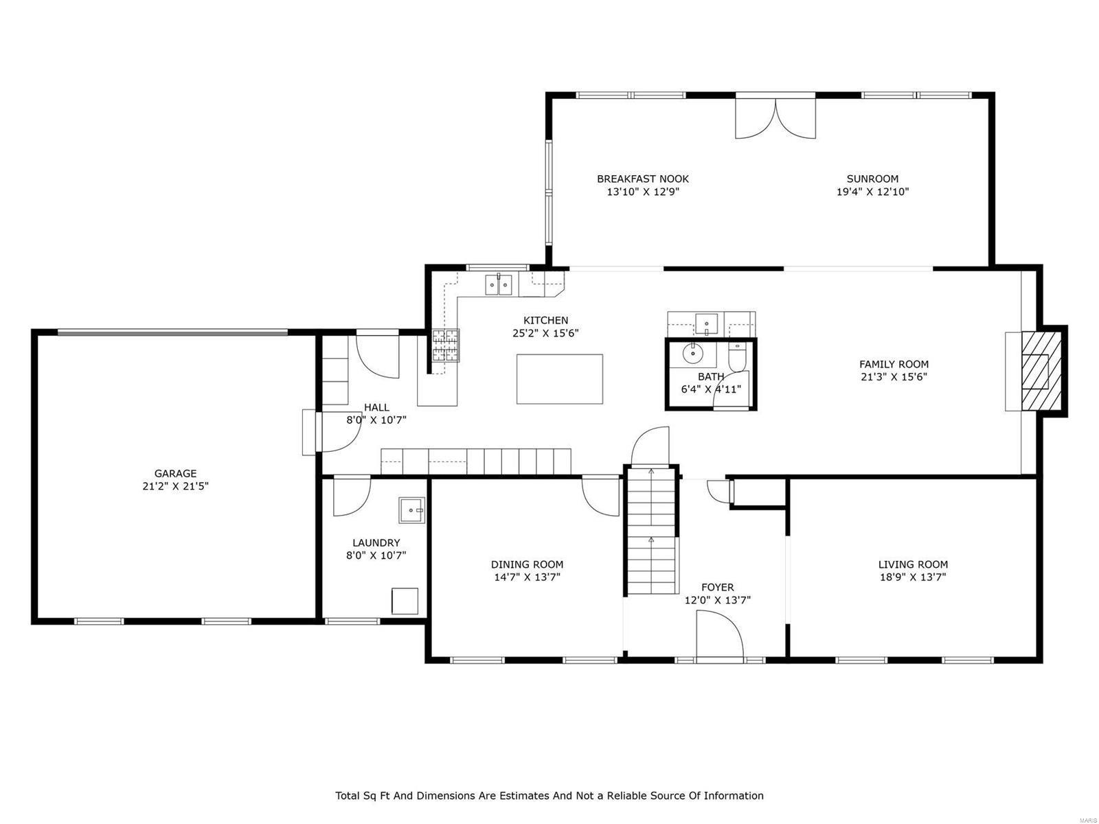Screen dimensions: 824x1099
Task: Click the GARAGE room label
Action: [175, 473]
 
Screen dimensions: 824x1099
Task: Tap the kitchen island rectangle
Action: [559, 379]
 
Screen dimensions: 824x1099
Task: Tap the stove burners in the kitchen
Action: [445, 345]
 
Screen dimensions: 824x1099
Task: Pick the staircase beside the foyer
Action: [651, 532]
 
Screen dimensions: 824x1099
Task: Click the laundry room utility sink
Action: [412, 510]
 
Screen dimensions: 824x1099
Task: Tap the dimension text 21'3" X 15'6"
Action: [894, 377]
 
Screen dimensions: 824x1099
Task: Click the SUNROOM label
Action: [872, 179]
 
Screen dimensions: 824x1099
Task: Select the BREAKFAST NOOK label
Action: [642, 179]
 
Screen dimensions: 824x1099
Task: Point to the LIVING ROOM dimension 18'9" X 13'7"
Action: [913, 577]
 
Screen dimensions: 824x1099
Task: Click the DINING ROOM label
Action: [527, 564]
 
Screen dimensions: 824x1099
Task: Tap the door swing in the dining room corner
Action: [601, 496]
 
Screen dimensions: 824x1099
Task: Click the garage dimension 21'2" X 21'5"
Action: [175, 486]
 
